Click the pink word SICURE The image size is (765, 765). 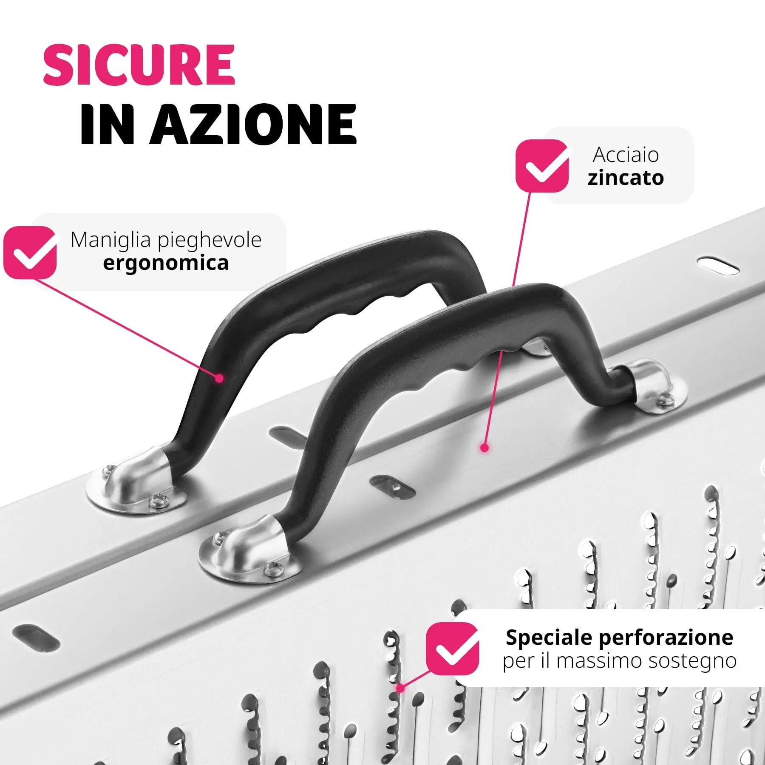pyautogui.click(x=139, y=65)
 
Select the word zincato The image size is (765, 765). pyautogui.click(x=626, y=178)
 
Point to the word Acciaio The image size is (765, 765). pyautogui.click(x=626, y=155)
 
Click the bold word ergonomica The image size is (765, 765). pyautogui.click(x=166, y=263)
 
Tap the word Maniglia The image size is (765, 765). pyautogui.click(x=111, y=240)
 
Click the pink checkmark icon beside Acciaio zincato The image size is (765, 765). pyautogui.click(x=542, y=166)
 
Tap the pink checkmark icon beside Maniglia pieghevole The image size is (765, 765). pyautogui.click(x=30, y=252)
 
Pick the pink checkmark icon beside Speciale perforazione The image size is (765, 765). pyautogui.click(x=452, y=649)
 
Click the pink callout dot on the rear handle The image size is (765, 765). pyautogui.click(x=219, y=378)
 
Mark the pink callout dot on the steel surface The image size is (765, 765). pyautogui.click(x=484, y=448)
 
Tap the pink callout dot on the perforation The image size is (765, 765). pyautogui.click(x=400, y=688)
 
